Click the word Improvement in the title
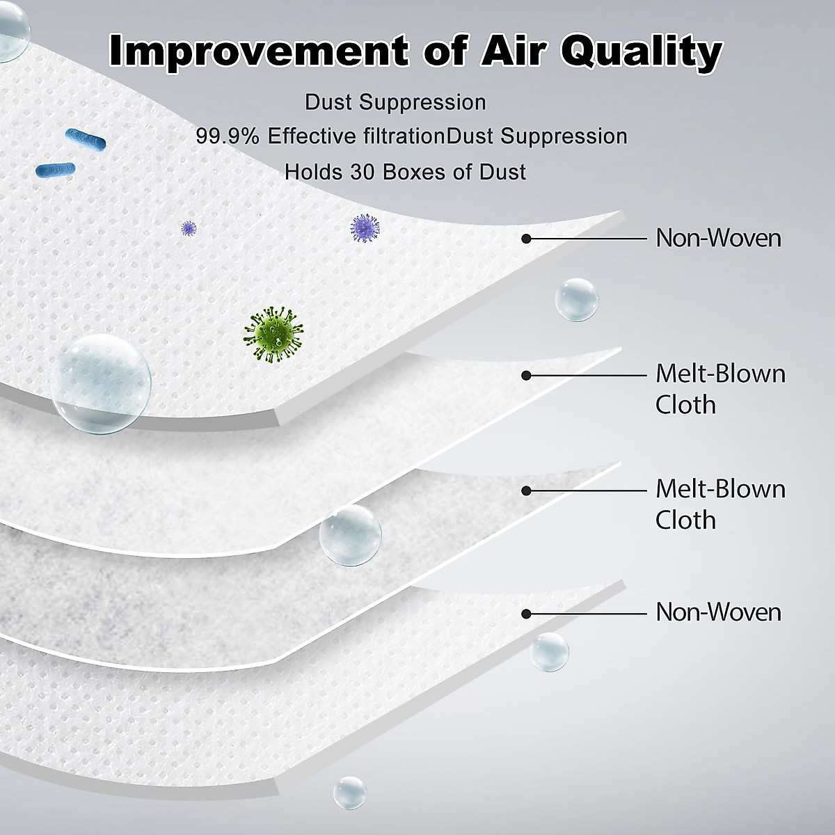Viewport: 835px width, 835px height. pos(258,50)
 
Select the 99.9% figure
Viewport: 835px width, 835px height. pos(227,136)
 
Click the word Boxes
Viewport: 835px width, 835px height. pos(413,172)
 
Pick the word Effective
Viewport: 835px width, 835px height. pos(312,136)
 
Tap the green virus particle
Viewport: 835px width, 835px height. pos(273,334)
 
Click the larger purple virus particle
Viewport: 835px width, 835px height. pos(365,228)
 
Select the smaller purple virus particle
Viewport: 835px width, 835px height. pos(189,228)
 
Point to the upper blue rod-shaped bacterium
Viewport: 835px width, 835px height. pos(86,140)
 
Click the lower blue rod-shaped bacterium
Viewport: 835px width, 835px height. pos(56,169)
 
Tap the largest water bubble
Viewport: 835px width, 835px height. pos(100,384)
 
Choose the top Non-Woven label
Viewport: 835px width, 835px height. pos(718,238)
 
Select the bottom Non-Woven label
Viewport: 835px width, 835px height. pos(718,612)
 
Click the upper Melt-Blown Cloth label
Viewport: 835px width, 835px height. pos(720,389)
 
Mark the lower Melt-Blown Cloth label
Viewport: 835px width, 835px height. pos(720,504)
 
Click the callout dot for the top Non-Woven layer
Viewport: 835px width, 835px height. pos(526,239)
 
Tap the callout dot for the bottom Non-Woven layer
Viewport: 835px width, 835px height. pos(526,614)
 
